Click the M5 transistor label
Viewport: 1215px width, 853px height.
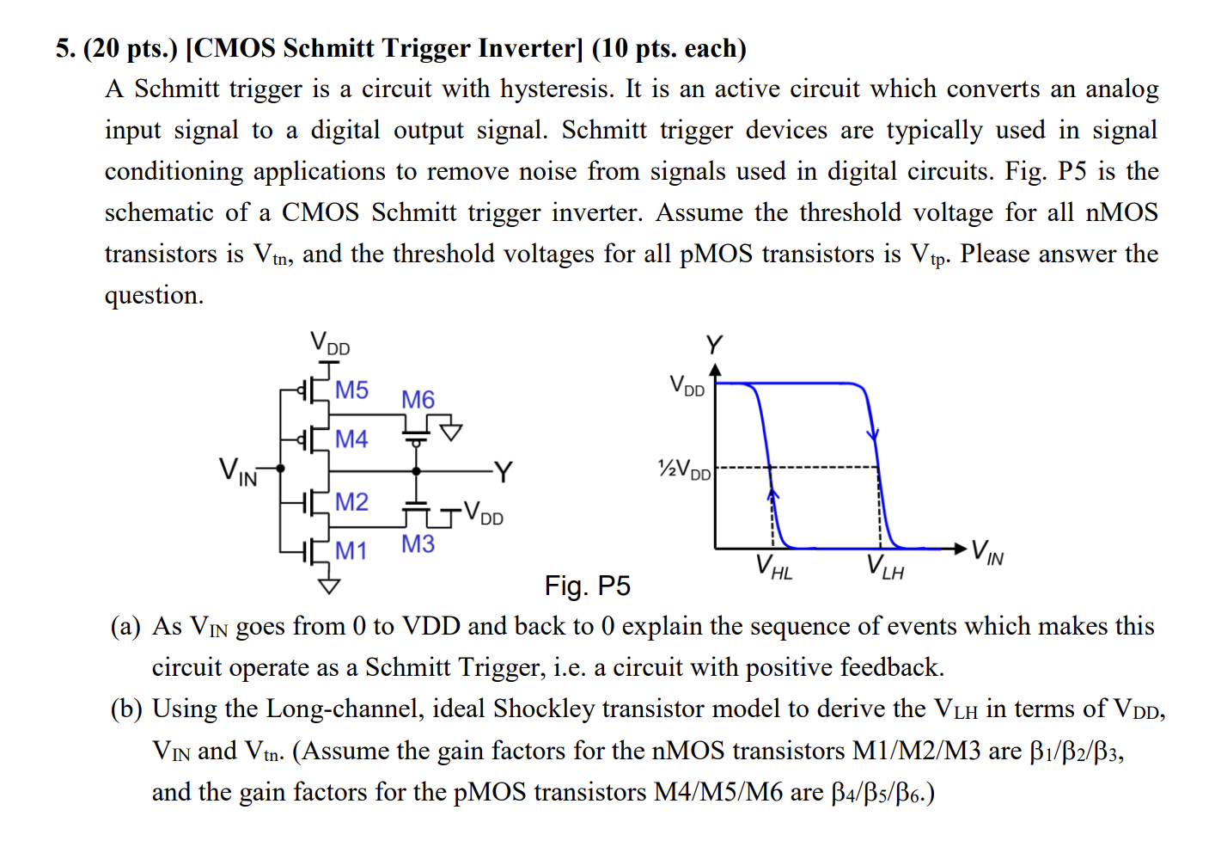tap(351, 390)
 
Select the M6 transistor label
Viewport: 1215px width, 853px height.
tap(418, 400)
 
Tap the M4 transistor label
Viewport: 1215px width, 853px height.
tap(351, 439)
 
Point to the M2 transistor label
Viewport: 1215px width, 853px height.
tap(351, 502)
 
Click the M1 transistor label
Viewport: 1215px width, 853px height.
tap(351, 551)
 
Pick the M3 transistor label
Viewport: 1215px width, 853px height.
tap(418, 544)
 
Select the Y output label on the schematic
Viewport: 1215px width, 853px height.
tap(504, 472)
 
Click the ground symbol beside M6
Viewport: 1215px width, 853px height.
tap(451, 431)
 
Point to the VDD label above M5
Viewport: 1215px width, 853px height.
tap(330, 343)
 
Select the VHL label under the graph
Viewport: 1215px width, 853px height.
tap(773, 568)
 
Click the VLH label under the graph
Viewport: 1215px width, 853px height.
tap(885, 568)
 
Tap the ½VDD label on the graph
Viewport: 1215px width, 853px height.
tap(684, 469)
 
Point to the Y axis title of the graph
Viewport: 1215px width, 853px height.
tap(714, 346)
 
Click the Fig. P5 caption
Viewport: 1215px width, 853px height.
tap(587, 586)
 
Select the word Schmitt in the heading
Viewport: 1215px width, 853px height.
tap(330, 48)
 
